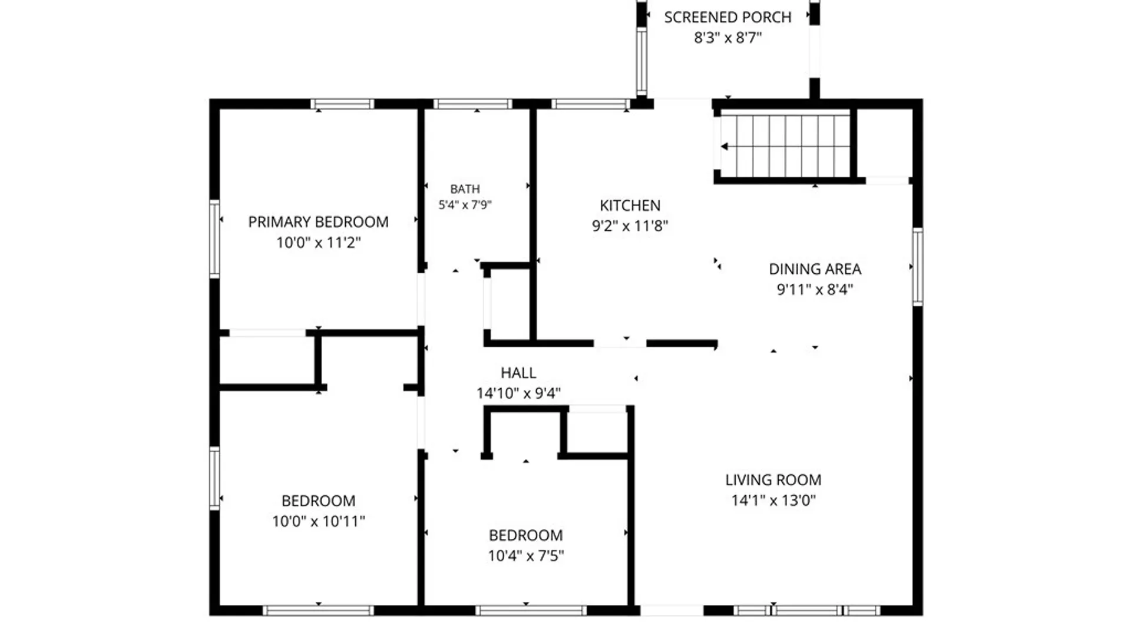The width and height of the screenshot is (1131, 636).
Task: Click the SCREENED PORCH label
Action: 727,18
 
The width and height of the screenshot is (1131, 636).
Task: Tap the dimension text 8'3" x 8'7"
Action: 727,38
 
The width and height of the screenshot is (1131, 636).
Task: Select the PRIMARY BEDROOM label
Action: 318,222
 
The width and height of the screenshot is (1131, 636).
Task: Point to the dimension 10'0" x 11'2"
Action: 318,242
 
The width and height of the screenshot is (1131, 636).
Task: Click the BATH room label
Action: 465,189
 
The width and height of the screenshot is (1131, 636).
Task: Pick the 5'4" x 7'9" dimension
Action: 465,205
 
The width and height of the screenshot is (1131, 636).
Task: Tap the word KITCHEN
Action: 630,206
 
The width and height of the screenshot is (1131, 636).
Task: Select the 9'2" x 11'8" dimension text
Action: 630,226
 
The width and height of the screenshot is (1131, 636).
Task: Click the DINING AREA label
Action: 815,269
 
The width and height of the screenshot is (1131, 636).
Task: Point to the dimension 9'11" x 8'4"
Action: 815,289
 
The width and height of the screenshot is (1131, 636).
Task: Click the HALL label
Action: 518,373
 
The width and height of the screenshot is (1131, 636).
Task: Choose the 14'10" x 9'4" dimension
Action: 518,393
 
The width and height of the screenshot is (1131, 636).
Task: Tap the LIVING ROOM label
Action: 773,480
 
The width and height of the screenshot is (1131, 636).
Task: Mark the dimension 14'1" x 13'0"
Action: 773,500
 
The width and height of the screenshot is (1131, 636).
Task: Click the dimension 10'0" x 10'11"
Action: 318,521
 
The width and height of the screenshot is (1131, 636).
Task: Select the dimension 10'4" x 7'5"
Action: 525,555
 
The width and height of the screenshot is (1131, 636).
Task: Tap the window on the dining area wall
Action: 917,267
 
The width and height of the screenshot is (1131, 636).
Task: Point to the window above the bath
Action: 472,104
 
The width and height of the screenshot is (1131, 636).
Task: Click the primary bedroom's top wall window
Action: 342,104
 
